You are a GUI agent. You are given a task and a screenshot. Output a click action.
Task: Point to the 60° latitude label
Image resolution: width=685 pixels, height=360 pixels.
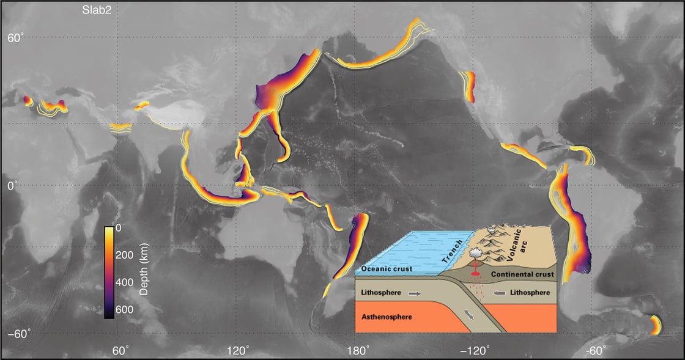(15, 38)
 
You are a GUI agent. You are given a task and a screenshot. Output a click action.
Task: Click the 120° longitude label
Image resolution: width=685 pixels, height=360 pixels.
(237, 350)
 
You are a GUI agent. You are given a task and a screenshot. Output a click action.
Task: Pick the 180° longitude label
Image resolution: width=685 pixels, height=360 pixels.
(357, 350)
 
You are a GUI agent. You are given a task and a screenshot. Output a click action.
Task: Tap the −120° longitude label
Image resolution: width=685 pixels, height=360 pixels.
(475, 350)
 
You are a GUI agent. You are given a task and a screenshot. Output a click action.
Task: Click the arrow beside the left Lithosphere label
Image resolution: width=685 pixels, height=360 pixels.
(415, 293)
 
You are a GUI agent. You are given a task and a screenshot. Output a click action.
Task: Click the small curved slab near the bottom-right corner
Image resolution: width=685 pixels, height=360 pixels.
(655, 325)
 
